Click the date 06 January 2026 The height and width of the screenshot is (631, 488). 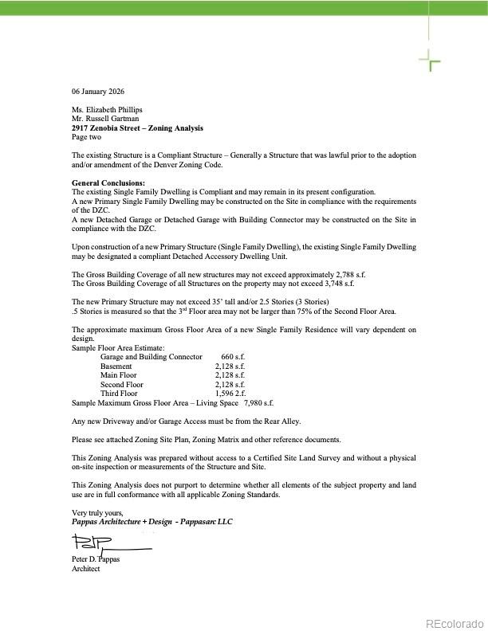(x=98, y=91)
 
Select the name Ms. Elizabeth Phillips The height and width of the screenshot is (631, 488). (x=108, y=110)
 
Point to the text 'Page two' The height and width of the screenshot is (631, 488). (x=86, y=137)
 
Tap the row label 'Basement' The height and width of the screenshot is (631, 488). (x=116, y=366)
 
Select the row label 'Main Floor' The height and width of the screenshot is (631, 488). (x=119, y=375)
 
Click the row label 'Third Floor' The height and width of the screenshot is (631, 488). (x=119, y=394)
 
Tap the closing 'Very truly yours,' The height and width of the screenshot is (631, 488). (x=97, y=512)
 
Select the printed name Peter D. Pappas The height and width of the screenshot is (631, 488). (x=96, y=559)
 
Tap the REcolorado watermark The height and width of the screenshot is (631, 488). (x=454, y=624)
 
